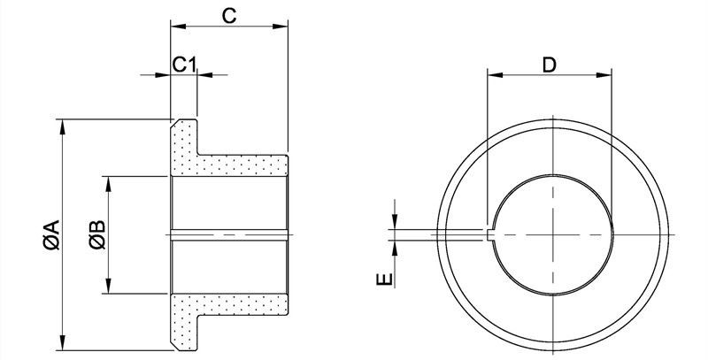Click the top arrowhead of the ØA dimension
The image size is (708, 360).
61,125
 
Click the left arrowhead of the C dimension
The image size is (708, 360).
175,27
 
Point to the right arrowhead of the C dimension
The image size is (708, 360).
284,27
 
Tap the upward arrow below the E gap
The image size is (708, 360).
395,245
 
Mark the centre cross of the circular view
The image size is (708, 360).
552,234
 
